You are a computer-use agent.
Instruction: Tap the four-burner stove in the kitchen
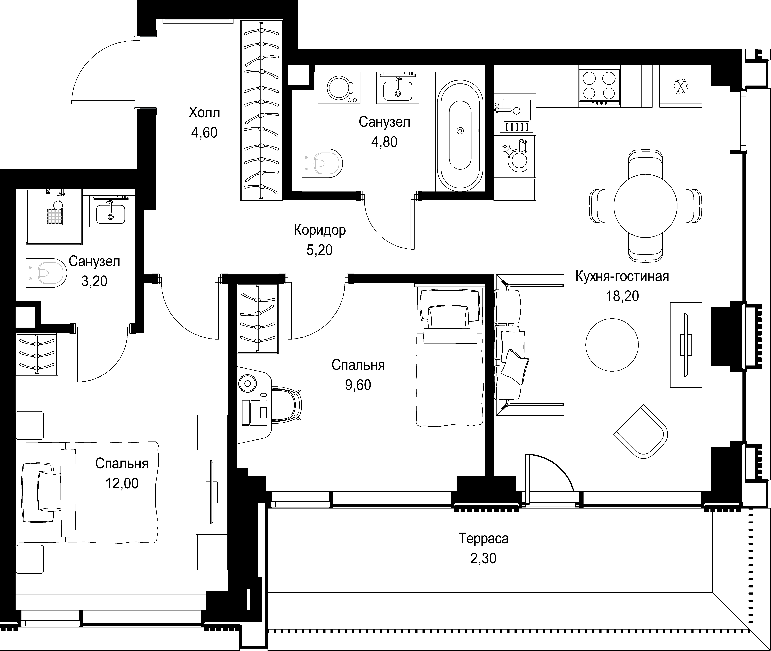pos(599,87)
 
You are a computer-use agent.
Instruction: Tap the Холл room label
pos(204,112)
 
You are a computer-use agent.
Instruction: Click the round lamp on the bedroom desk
pos(247,384)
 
